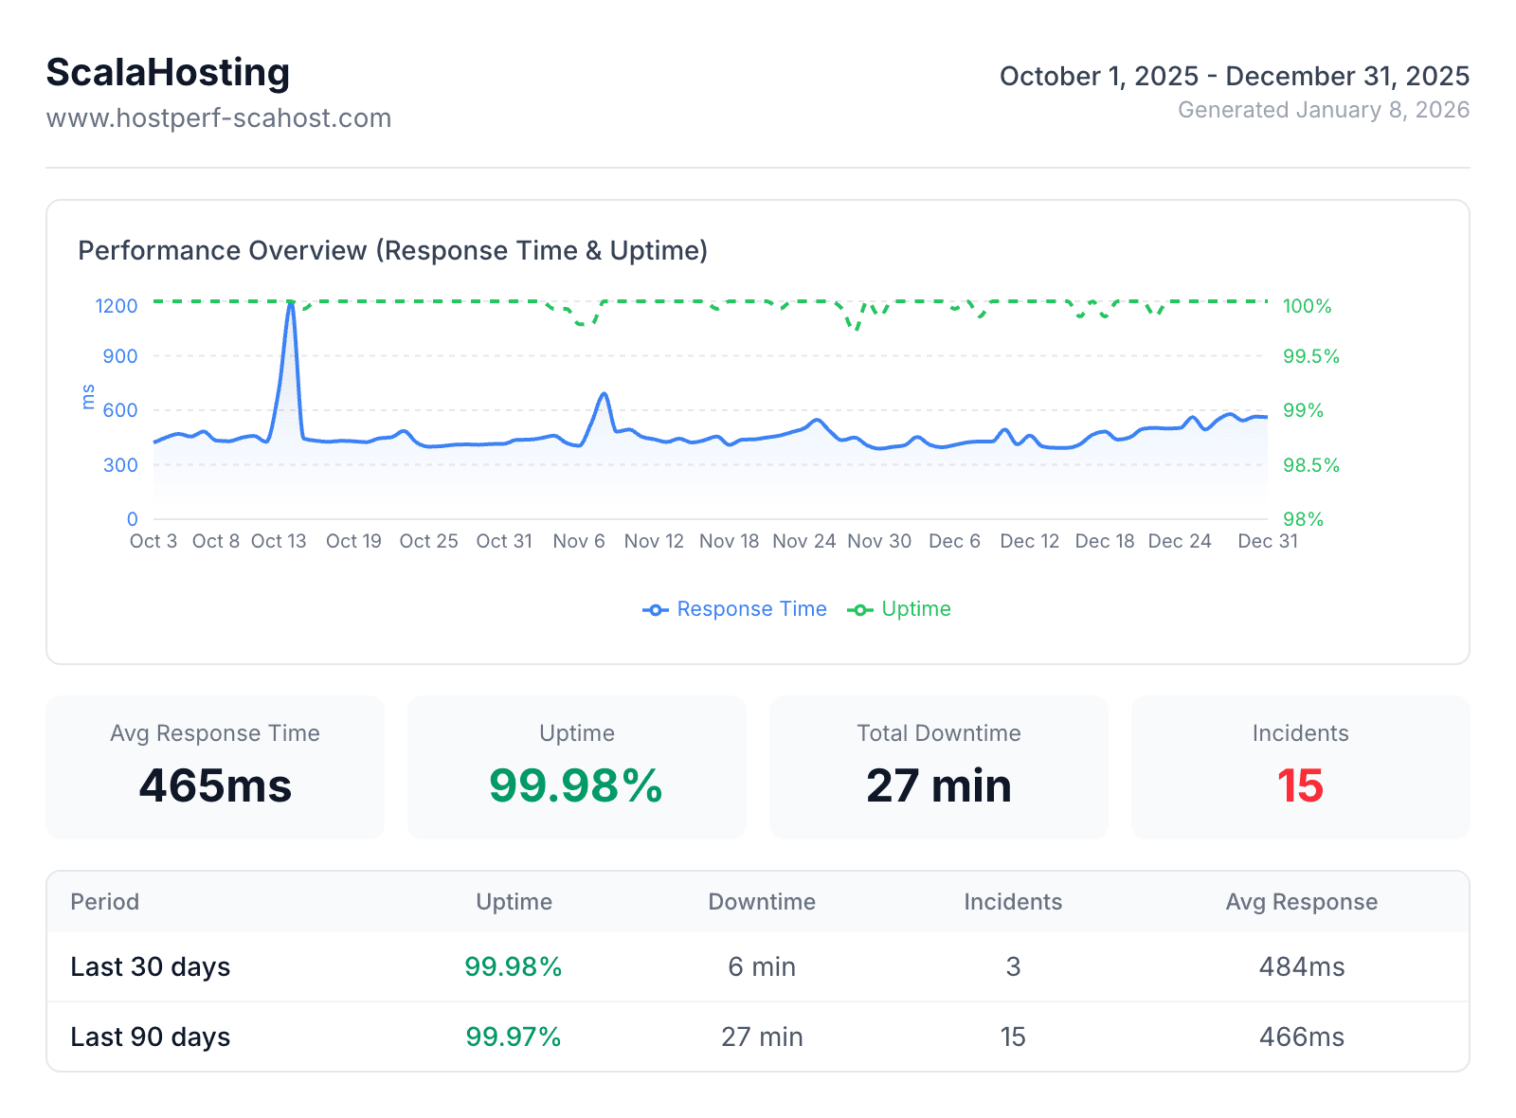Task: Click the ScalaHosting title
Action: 168,73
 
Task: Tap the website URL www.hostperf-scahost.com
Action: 218,118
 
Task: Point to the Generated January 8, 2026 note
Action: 1323,110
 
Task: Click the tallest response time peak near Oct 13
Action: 291,304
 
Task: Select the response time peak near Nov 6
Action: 604,394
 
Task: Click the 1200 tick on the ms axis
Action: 117,306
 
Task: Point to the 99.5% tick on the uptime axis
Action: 1310,356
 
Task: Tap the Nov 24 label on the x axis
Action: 803,541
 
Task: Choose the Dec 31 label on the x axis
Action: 1267,541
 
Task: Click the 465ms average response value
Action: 215,785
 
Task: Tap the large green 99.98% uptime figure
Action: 576,785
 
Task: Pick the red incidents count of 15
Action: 1300,785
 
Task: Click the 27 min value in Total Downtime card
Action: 938,785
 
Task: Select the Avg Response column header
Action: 1301,902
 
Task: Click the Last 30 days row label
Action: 150,966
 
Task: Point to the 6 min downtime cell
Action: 762,966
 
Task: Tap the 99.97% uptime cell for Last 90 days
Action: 514,1037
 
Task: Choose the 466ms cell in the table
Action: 1301,1037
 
